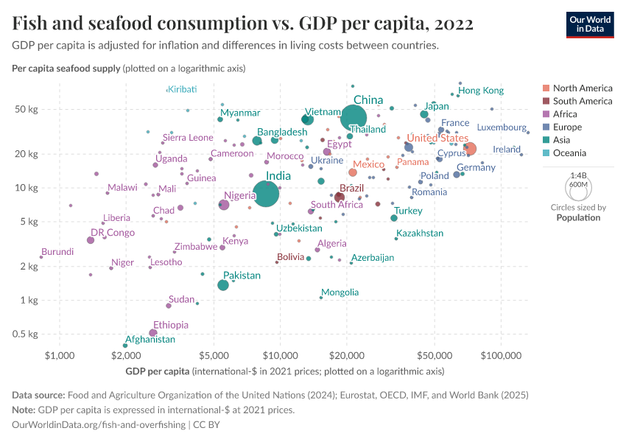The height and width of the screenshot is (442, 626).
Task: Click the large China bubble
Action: (354, 117)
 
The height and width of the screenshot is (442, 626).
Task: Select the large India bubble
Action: (266, 193)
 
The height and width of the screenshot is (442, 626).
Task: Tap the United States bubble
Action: (469, 149)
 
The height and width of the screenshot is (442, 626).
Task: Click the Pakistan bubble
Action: (223, 285)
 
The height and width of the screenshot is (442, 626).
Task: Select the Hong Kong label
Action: (481, 91)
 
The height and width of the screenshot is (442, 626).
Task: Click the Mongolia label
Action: (340, 292)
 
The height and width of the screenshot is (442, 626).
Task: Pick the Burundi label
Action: (57, 252)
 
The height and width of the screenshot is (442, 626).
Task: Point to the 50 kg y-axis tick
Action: (27, 110)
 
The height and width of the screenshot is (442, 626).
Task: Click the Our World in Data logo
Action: (590, 24)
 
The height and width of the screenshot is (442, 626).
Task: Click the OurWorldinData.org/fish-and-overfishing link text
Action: (99, 425)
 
